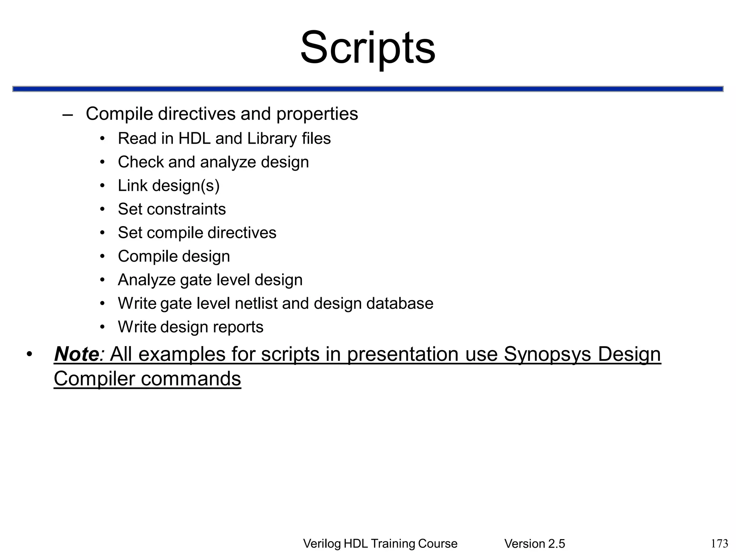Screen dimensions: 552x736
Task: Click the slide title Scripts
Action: pyautogui.click(x=368, y=48)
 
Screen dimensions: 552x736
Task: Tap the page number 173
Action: pyautogui.click(x=719, y=543)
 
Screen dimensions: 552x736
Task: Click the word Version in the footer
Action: pyautogui.click(x=525, y=544)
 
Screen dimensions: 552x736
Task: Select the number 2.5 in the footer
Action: pyautogui.click(x=556, y=544)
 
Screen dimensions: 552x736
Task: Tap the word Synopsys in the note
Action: pyautogui.click(x=547, y=354)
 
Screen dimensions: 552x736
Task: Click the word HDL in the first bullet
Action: pyautogui.click(x=194, y=138)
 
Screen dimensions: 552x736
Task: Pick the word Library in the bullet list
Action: pyautogui.click(x=272, y=138)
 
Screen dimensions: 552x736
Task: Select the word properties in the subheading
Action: pyautogui.click(x=317, y=114)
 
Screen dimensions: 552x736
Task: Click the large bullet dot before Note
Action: pyautogui.click(x=29, y=354)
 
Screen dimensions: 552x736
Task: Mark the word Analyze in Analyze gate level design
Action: pyautogui.click(x=147, y=280)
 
